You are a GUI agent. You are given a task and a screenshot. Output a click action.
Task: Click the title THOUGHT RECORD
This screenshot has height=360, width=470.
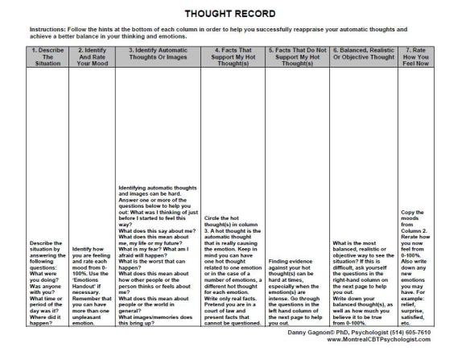(x=236, y=14)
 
